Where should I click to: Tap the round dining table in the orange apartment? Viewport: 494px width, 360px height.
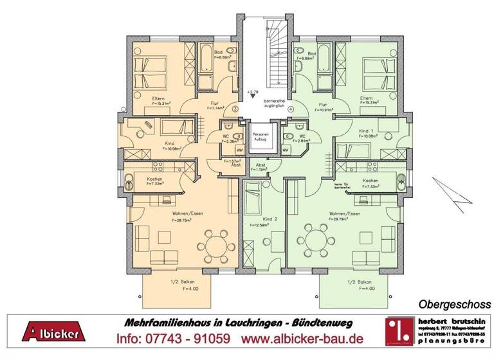[x=216, y=243]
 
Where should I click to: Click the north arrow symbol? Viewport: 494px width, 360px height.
[x=454, y=192]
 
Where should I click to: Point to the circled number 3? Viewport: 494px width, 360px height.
[x=235, y=110]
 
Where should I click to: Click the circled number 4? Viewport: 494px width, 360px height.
[x=291, y=110]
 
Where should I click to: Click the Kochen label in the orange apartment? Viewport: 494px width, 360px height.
[x=154, y=179]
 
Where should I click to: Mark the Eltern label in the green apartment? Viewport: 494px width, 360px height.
[x=367, y=97]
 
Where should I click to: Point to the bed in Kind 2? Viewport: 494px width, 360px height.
[x=252, y=196]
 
